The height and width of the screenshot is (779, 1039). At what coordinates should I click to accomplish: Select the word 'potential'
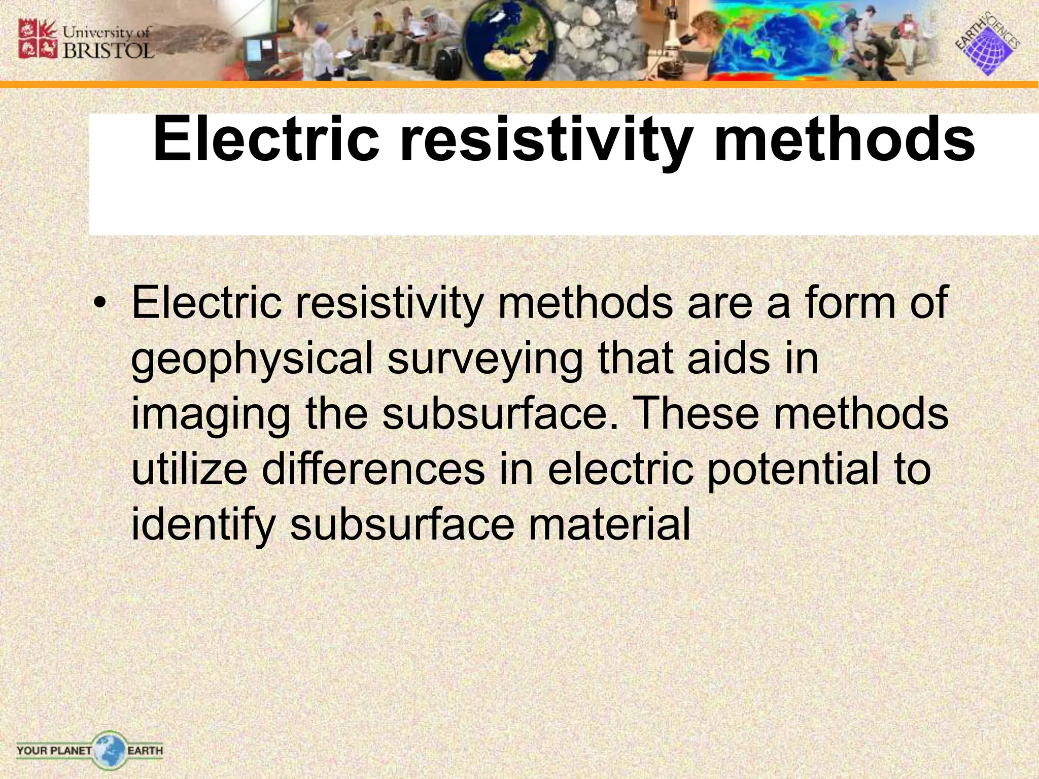click(x=793, y=469)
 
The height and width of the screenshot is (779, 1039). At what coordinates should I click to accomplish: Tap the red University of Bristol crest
click(x=34, y=39)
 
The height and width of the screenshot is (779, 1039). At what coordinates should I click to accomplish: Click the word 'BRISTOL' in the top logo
click(x=108, y=51)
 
